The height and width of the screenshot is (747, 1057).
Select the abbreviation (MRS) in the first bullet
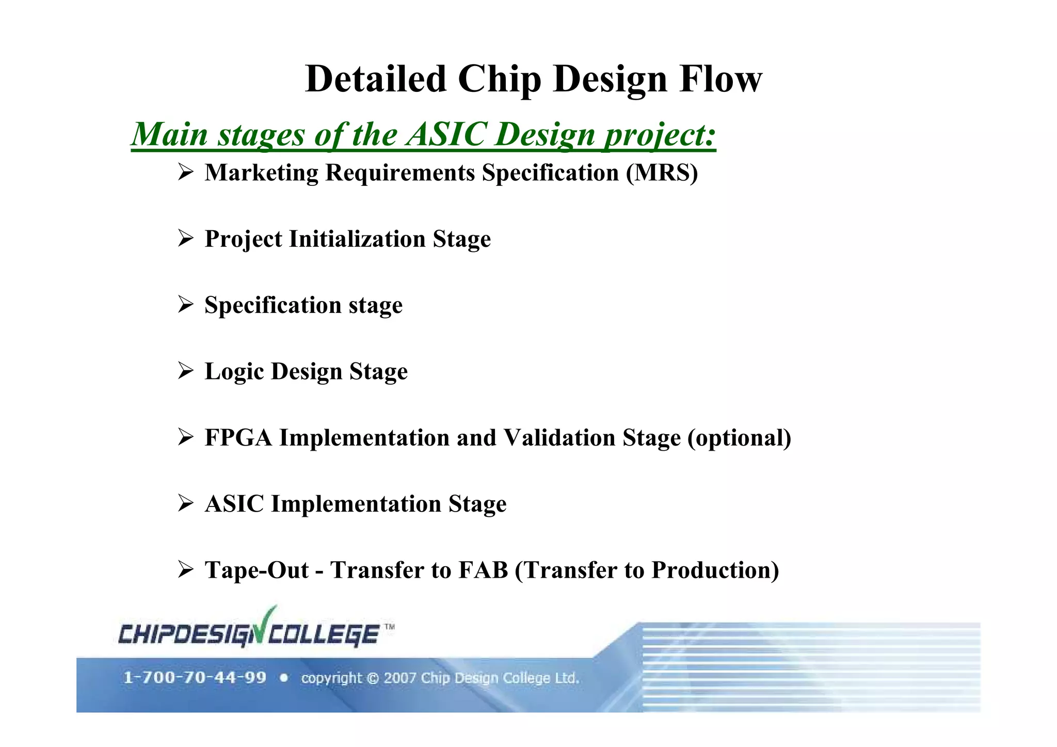tap(662, 172)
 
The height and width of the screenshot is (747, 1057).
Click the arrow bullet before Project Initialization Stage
tap(185, 239)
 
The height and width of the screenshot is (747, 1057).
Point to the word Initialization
tap(357, 239)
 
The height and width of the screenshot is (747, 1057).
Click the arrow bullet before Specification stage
tap(185, 305)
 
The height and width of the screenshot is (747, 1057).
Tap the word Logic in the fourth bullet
tap(234, 371)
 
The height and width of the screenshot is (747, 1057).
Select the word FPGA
tap(238, 437)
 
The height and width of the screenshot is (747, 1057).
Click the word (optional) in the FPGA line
tap(739, 438)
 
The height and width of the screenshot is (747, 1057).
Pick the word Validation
tap(559, 437)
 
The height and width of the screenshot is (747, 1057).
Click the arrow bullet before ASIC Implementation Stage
tap(185, 503)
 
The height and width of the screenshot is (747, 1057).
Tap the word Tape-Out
tap(257, 570)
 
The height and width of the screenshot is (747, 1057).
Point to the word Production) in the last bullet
tap(715, 570)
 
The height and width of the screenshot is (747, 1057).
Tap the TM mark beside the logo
tap(390, 627)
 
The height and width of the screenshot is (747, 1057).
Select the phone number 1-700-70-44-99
tap(195, 677)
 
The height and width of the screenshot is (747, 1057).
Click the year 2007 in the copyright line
tap(399, 678)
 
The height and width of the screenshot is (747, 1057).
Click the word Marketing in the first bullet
tap(261, 172)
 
